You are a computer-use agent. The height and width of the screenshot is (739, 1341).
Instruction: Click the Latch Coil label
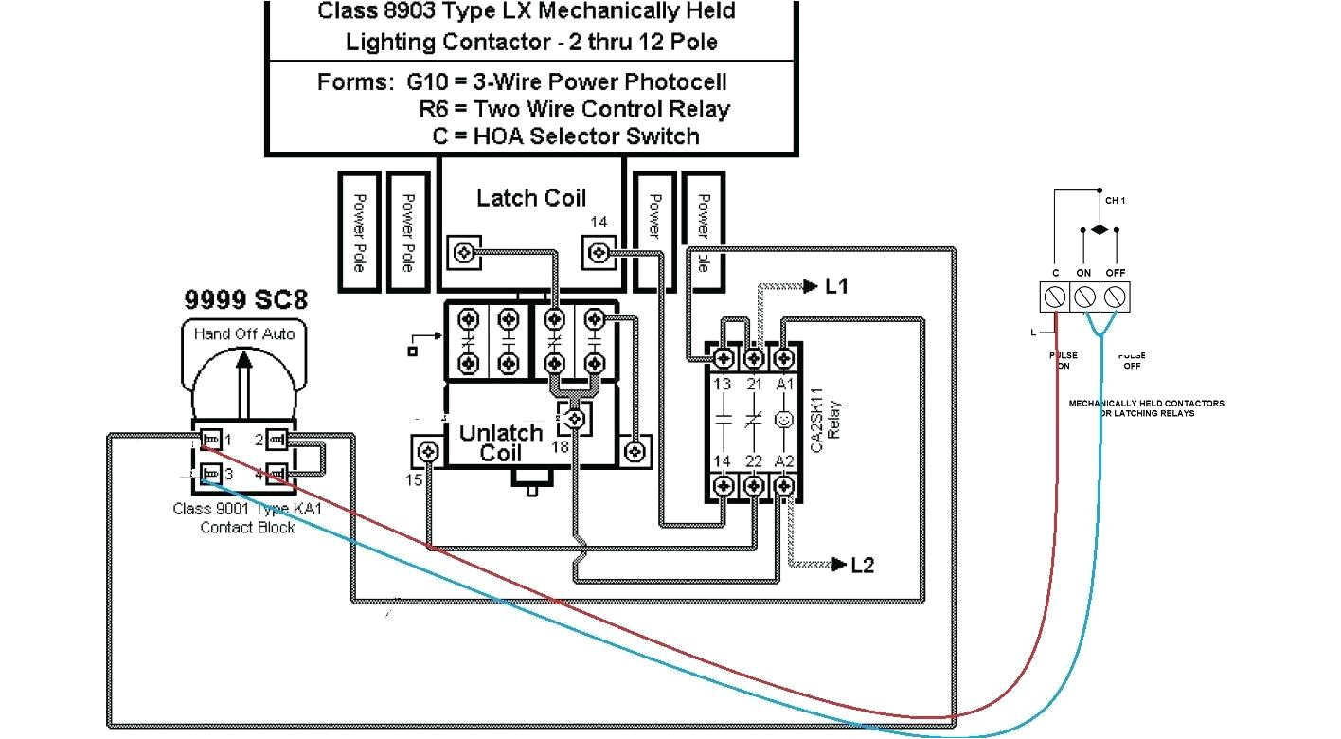tap(530, 198)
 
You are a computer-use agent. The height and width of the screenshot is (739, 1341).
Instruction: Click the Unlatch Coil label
tap(500, 442)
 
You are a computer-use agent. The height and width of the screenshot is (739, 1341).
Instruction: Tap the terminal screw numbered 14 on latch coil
tap(598, 252)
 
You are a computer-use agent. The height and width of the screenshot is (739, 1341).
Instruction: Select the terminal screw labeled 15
tap(428, 451)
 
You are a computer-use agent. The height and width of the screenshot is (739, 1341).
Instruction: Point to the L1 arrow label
tap(836, 286)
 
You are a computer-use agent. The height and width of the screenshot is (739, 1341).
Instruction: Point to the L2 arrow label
tap(861, 566)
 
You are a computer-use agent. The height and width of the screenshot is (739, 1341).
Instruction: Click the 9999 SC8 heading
tap(244, 301)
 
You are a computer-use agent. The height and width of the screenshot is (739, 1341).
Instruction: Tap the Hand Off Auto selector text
tap(244, 334)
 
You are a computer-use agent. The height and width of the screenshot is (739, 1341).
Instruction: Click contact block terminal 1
tap(211, 440)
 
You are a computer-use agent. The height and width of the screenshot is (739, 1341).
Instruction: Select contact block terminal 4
tap(277, 472)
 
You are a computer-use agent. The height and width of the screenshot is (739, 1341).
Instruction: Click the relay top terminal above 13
tap(724, 358)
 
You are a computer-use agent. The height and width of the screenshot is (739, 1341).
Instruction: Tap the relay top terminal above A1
tap(783, 358)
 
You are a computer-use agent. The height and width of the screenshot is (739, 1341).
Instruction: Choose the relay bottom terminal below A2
tap(783, 485)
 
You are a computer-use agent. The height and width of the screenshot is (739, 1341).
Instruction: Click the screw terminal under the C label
tap(1055, 297)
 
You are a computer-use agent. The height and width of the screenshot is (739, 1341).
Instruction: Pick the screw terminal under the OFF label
tap(1115, 297)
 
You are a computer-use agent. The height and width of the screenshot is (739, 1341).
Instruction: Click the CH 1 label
tap(1115, 201)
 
